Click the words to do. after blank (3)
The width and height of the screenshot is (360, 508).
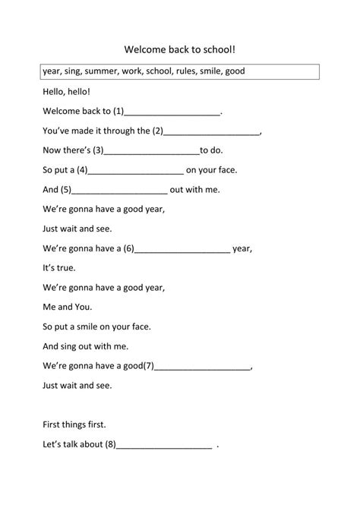coord(216,151)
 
